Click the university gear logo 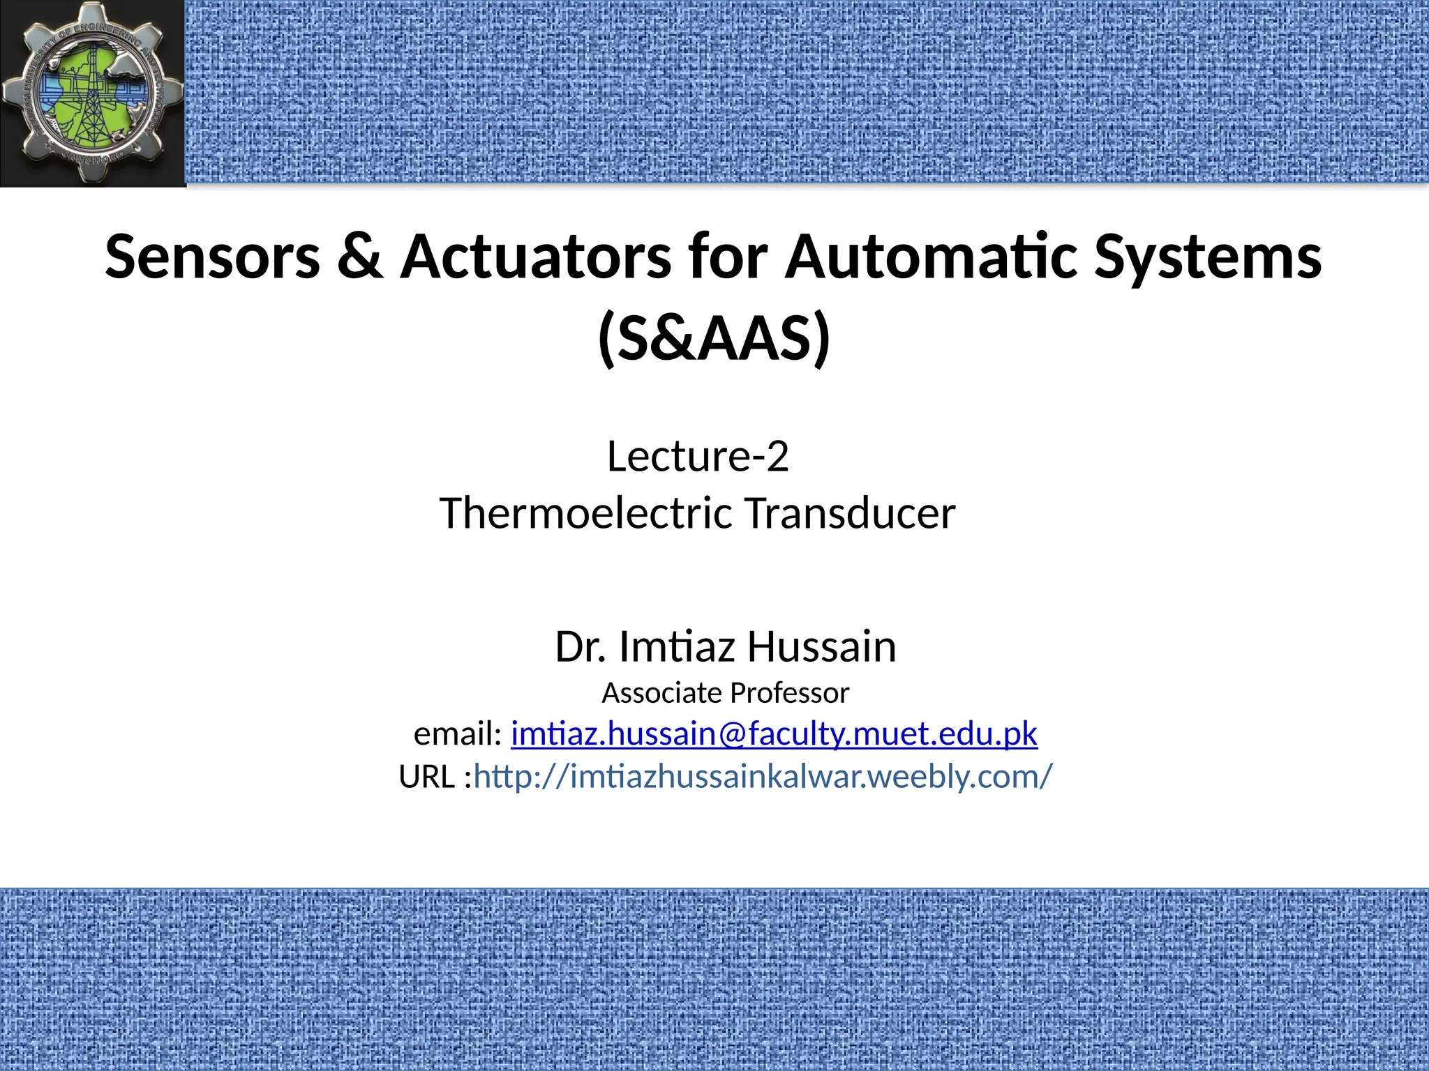[92, 92]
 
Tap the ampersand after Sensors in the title [360, 257]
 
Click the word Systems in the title [1207, 257]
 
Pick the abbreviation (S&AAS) [714, 339]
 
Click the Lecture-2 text [698, 457]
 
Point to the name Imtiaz [677, 646]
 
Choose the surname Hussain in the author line [822, 646]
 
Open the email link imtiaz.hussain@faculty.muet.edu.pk [775, 734]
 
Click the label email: [458, 734]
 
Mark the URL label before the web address [427, 777]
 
